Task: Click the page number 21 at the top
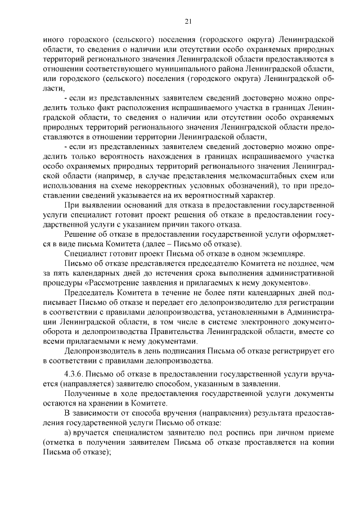pos(188,21)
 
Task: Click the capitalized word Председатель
pos(89,293)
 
